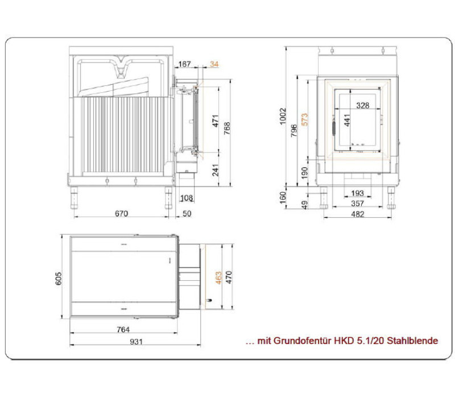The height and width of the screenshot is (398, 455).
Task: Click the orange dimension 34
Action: point(214,64)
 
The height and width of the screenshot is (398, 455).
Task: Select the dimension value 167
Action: point(184,64)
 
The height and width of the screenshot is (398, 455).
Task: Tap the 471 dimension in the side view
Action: point(216,121)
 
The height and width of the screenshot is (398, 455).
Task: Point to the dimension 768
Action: point(227,128)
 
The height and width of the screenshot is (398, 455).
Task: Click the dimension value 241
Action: point(216,170)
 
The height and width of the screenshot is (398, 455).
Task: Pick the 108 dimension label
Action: point(187,198)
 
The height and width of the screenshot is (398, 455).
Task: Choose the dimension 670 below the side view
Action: point(121,214)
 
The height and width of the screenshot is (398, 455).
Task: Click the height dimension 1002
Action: point(283,116)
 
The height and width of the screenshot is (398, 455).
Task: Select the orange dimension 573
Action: point(304,119)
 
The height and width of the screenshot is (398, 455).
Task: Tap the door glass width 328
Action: point(363,105)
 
